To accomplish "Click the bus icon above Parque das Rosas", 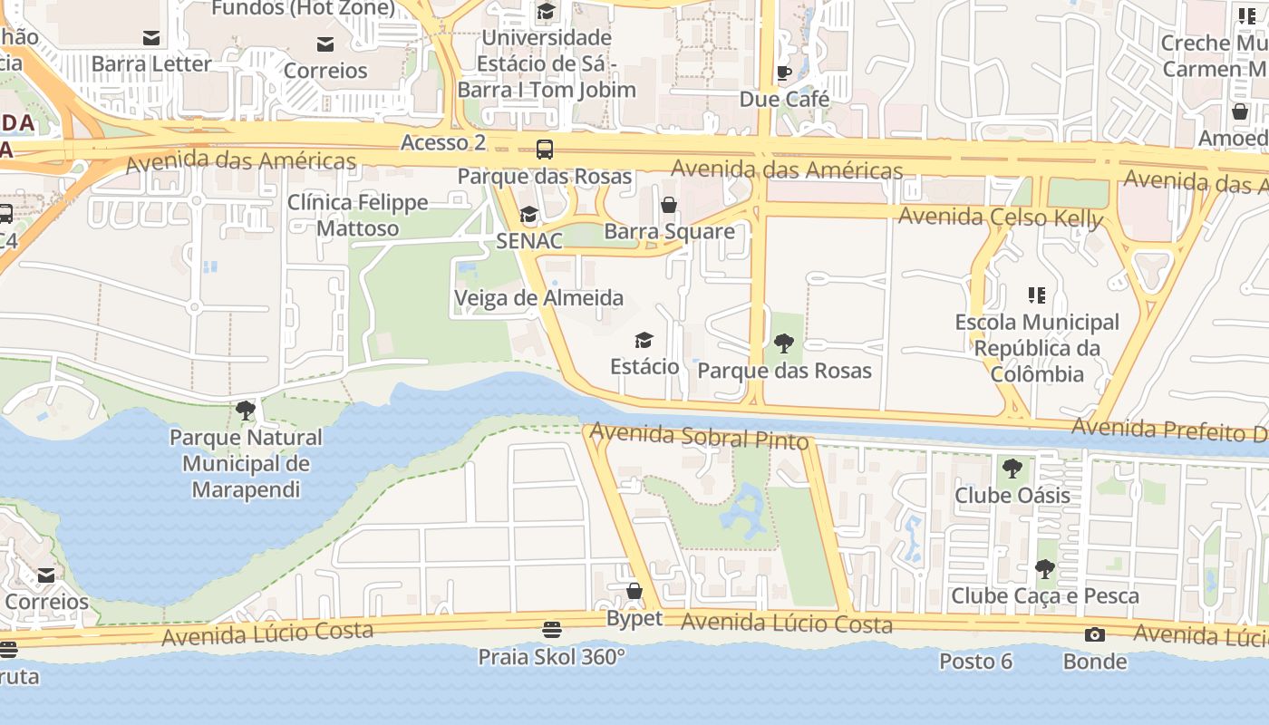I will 544,150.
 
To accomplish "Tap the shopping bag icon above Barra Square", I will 669,205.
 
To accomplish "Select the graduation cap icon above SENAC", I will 528,215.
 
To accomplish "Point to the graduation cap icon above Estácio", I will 644,340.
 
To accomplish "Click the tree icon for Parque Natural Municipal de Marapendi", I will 245,411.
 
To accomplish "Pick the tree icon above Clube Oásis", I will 1012,469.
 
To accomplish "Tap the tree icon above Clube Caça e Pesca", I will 1044,569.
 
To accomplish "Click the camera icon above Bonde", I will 1095,634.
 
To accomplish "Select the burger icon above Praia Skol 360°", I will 551,629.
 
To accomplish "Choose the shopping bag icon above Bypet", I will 634,592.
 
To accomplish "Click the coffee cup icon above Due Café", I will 784,72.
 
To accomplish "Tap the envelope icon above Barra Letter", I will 151,38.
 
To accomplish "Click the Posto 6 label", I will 975,662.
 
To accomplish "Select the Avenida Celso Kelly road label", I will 1001,217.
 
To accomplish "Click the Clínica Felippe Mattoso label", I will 357,215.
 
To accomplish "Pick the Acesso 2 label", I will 443,142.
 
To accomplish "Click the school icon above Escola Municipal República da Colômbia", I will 1037,295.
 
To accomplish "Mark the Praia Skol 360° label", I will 551,656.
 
